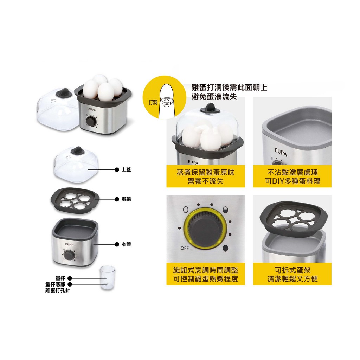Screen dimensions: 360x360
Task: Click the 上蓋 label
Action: click(126, 170)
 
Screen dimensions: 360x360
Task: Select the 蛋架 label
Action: click(126, 199)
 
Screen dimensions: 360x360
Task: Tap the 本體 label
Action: click(126, 244)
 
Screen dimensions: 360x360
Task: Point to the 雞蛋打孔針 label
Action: click(58, 290)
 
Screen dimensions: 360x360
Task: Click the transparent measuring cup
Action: click(107, 278)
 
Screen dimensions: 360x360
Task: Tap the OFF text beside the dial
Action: click(185, 248)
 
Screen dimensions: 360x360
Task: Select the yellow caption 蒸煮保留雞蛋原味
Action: click(205, 173)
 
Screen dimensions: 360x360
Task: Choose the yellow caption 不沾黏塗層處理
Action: click(292, 173)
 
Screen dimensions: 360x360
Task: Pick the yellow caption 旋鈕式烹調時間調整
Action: click(205, 270)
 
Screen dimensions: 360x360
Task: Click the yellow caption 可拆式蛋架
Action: click(292, 270)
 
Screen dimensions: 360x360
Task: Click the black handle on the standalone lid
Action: click(76, 150)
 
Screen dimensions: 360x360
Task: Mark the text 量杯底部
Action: click(56, 284)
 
